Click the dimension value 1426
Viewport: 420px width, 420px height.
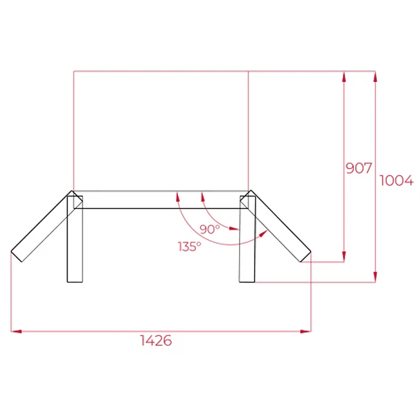pyautogui.click(x=157, y=341)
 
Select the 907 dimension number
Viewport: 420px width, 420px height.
pyautogui.click(x=359, y=168)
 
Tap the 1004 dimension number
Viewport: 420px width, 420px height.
pyautogui.click(x=396, y=180)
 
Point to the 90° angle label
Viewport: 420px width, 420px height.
pyautogui.click(x=210, y=229)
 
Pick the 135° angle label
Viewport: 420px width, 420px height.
pyautogui.click(x=189, y=246)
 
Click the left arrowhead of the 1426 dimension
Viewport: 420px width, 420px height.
pyautogui.click(x=16, y=330)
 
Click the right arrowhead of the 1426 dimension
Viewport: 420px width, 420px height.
pyautogui.click(x=306, y=330)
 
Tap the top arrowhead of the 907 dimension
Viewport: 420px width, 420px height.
pyautogui.click(x=344, y=76)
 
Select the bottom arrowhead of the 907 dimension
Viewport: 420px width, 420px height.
pyautogui.click(x=344, y=257)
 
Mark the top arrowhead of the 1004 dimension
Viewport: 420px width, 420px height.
pyautogui.click(x=375, y=76)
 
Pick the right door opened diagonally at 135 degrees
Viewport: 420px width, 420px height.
pyautogui.click(x=278, y=226)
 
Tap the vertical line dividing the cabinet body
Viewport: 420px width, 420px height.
pyautogui.click(x=248, y=131)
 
